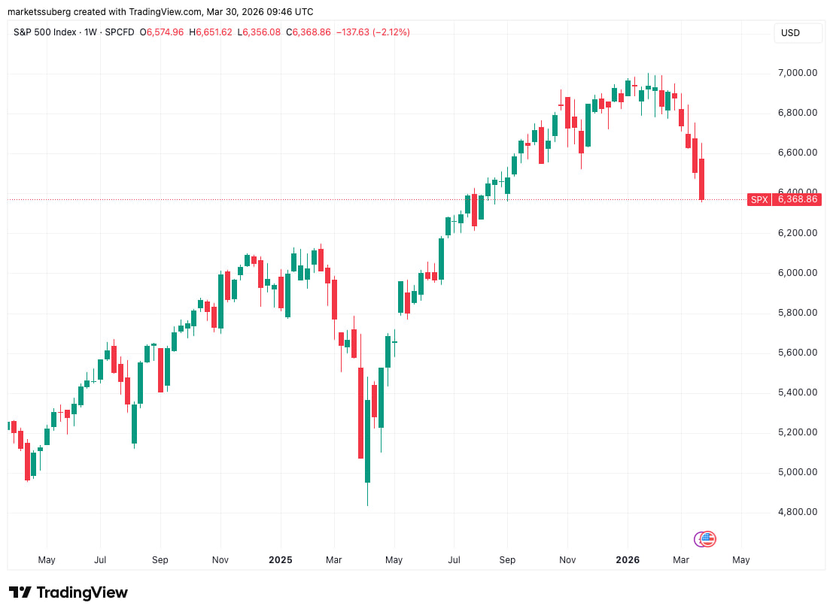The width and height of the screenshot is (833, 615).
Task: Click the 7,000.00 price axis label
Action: coord(798,73)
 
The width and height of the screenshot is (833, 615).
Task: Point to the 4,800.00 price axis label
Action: coord(798,512)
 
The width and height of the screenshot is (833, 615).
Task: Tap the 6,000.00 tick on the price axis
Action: coord(798,273)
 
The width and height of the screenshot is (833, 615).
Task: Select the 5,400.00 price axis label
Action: coord(798,392)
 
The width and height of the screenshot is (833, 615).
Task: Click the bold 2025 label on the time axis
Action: coord(280,560)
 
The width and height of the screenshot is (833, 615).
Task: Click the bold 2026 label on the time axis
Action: coord(628,560)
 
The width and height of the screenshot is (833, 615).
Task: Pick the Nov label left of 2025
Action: coord(220,560)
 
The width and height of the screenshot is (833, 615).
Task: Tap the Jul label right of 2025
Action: coord(454,560)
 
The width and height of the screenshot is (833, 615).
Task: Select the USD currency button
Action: coord(791,33)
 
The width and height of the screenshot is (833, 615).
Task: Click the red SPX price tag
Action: coord(759,200)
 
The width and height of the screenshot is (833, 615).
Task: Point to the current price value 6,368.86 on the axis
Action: coord(797,200)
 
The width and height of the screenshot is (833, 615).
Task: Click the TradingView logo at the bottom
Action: coord(68,592)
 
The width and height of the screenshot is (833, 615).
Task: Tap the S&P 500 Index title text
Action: coord(46,32)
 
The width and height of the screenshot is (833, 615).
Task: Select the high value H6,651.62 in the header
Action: coord(211,32)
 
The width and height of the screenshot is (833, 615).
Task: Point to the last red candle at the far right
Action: coord(701,179)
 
